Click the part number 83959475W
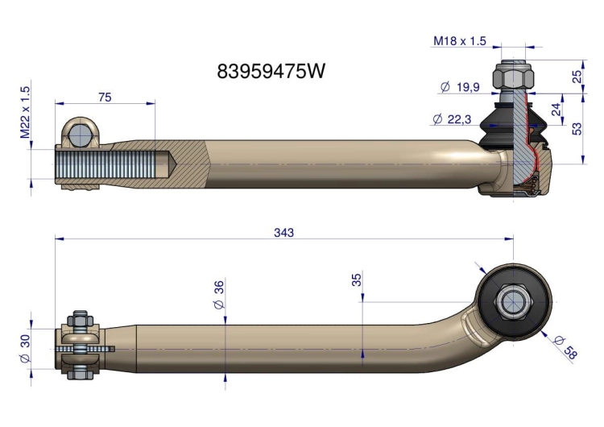click(271, 71)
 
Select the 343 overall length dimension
click(284, 232)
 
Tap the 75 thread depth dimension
click(105, 97)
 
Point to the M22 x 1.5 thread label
click(25, 112)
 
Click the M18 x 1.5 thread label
click(460, 41)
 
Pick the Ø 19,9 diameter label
click(460, 87)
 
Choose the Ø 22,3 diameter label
click(452, 119)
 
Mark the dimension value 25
click(577, 77)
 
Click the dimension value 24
click(556, 110)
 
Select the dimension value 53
click(577, 128)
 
